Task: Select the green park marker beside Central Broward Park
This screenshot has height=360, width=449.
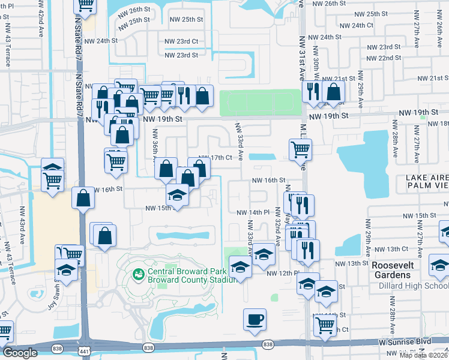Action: pyautogui.click(x=137, y=274)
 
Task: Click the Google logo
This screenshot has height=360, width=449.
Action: pyautogui.click(x=19, y=353)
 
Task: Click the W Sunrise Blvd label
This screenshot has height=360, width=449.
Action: pyautogui.click(x=405, y=341)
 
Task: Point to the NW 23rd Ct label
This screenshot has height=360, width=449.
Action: pyautogui.click(x=181, y=41)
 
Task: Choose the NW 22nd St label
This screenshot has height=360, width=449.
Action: pyautogui.click(x=385, y=58)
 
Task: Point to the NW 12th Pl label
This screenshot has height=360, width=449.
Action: pyautogui.click(x=282, y=273)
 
